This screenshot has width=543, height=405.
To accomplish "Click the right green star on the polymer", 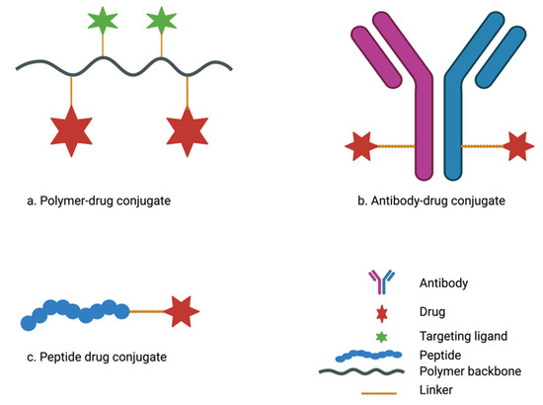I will tap(160, 20).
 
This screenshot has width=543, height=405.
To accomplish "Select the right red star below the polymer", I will tap(188, 131).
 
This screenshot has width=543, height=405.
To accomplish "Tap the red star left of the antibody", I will tap(361, 149).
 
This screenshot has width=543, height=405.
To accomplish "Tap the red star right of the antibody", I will tap(516, 149).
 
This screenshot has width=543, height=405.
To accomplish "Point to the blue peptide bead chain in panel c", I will tap(74, 313).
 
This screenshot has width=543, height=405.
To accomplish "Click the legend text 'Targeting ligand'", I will tap(446, 336).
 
